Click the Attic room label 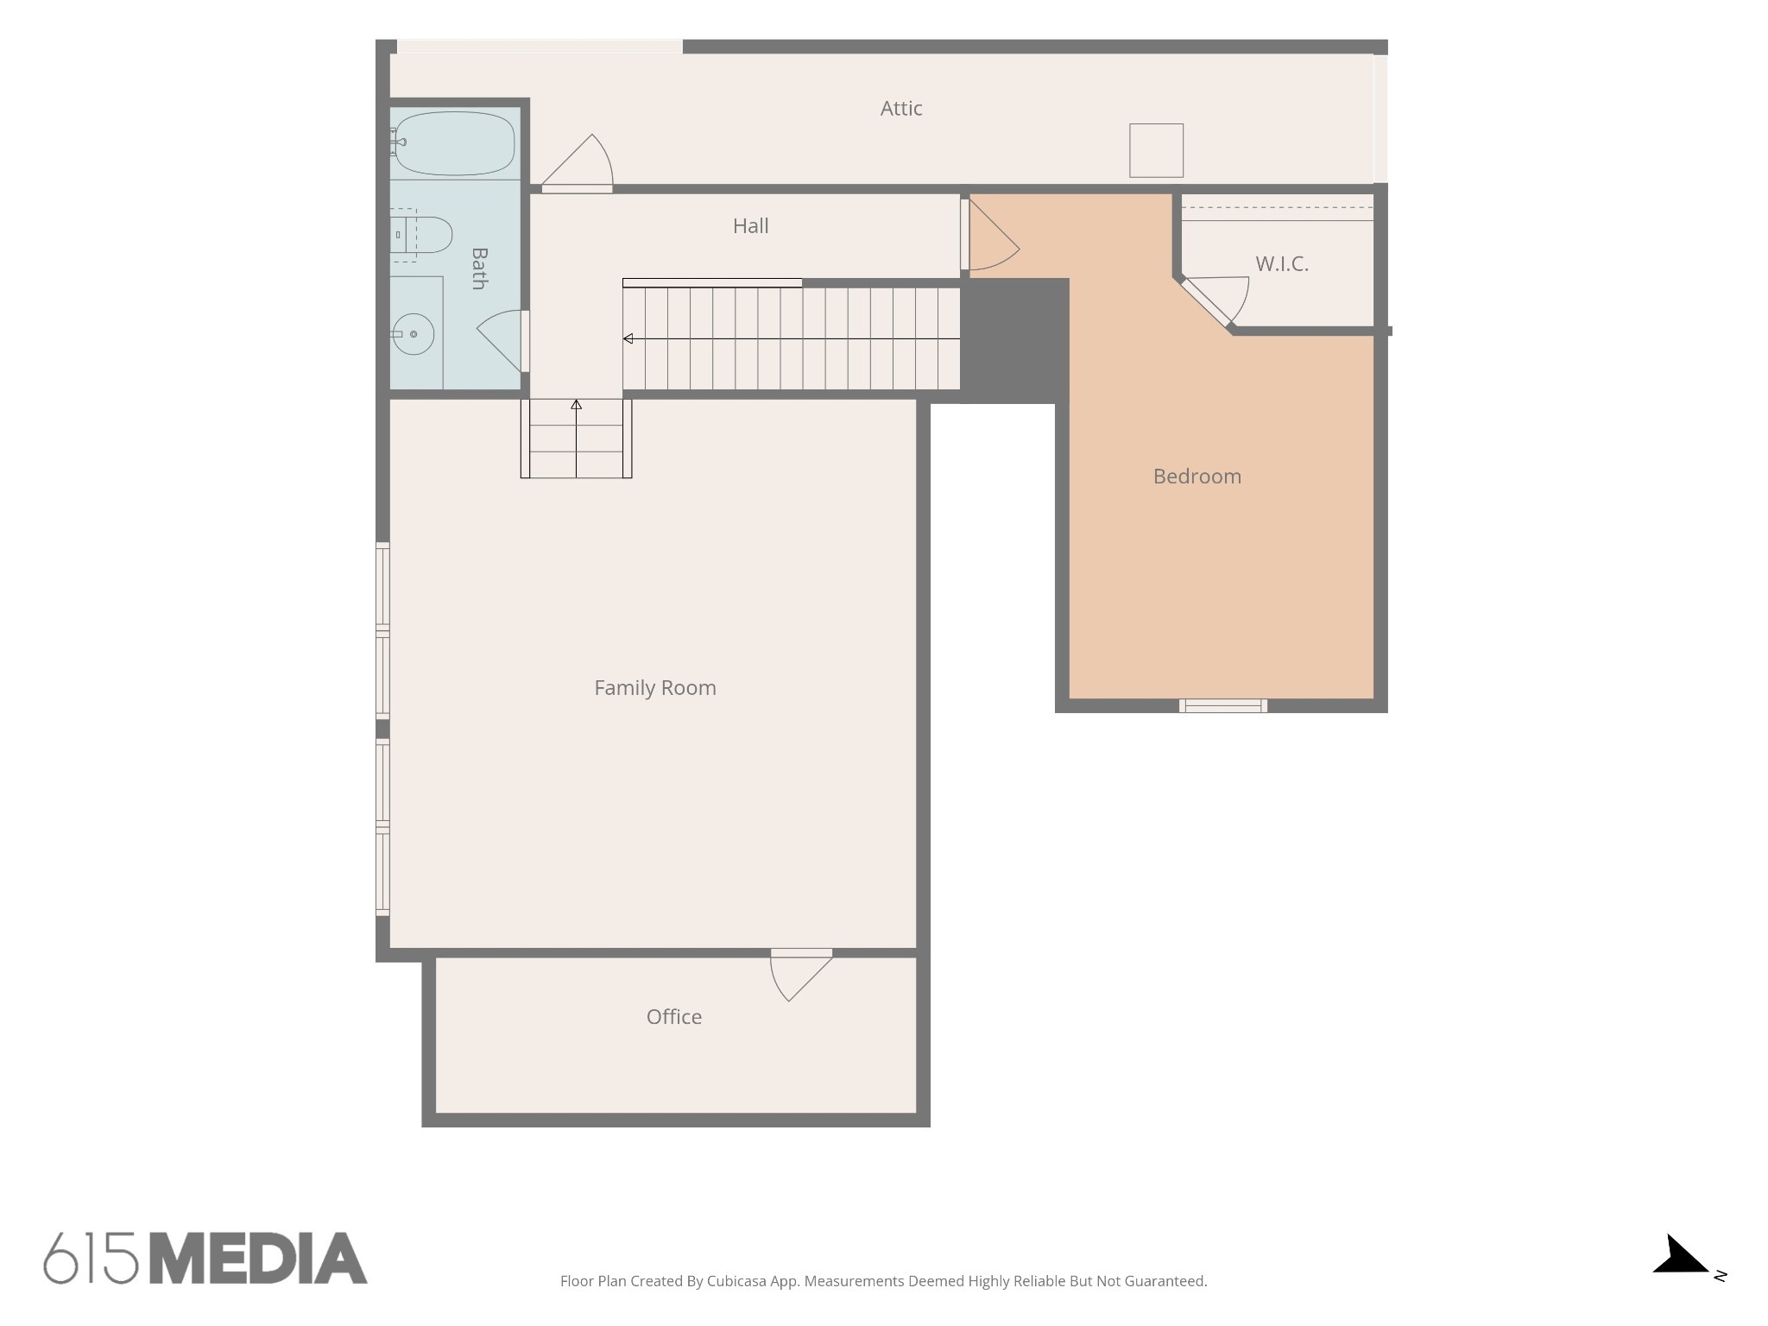(x=901, y=109)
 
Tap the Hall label (x=750, y=226)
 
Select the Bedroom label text (x=1197, y=477)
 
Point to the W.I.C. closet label (x=1282, y=264)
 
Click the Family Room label (x=655, y=688)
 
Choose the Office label (x=674, y=1017)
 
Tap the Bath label (x=479, y=268)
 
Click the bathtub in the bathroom (x=454, y=143)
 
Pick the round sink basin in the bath (x=414, y=334)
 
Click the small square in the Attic (x=1156, y=150)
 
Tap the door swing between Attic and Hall (x=577, y=164)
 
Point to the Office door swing (x=801, y=976)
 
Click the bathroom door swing (x=502, y=341)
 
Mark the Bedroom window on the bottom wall (x=1223, y=706)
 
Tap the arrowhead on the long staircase (x=628, y=339)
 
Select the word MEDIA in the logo (x=259, y=1259)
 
